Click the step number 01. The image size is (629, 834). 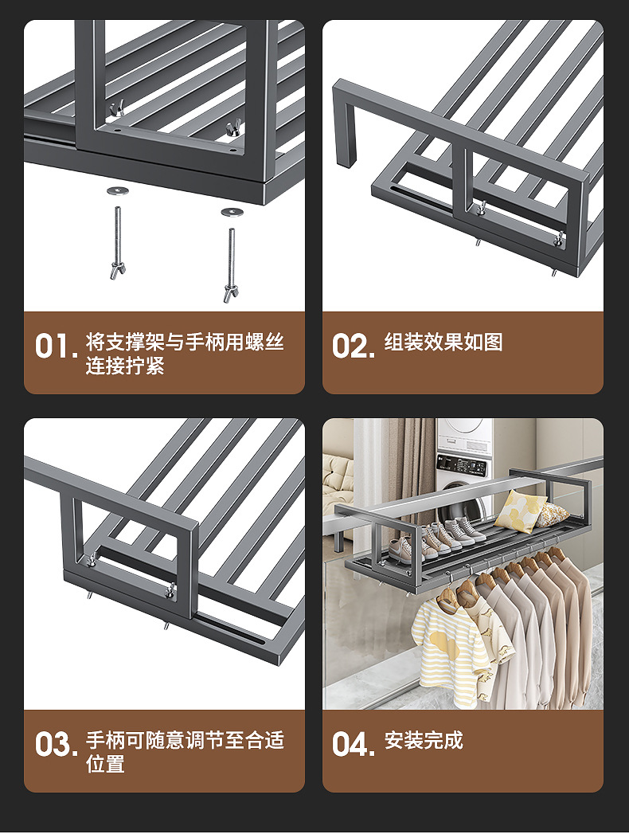55,347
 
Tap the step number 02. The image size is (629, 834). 353,347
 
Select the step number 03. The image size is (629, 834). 55,745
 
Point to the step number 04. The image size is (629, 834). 353,745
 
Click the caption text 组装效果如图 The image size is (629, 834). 443,343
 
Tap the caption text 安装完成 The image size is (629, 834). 424,740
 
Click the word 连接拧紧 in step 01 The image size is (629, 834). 125,367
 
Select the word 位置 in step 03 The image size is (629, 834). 106,765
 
